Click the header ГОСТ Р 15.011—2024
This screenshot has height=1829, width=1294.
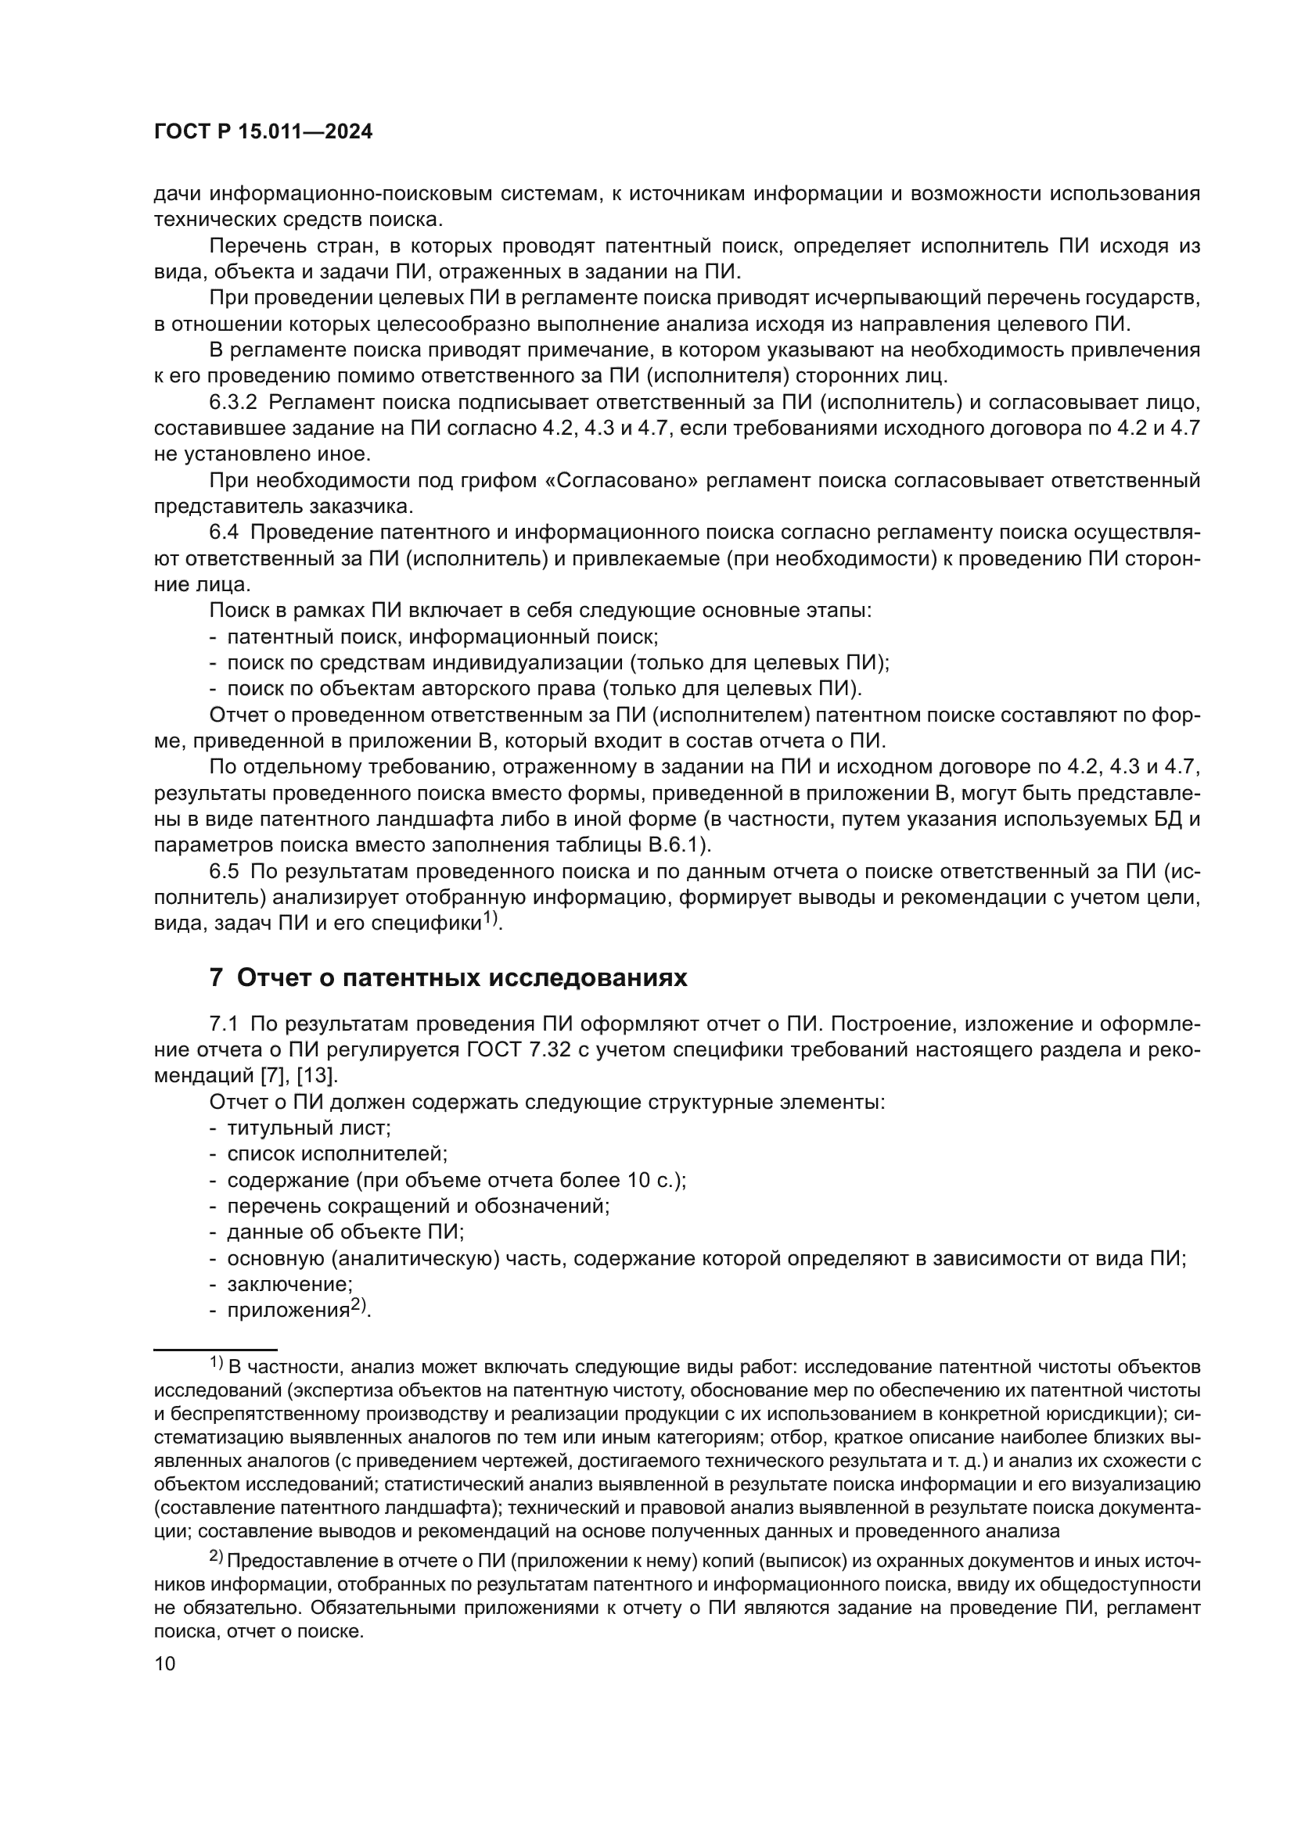click(x=263, y=132)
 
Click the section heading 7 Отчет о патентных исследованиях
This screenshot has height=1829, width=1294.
click(x=448, y=977)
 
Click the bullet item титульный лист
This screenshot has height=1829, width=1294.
click(x=308, y=1128)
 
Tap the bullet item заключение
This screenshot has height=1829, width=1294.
click(x=289, y=1284)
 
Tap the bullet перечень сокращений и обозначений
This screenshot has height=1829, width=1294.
click(x=418, y=1206)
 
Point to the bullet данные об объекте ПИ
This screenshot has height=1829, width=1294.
click(x=345, y=1232)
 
